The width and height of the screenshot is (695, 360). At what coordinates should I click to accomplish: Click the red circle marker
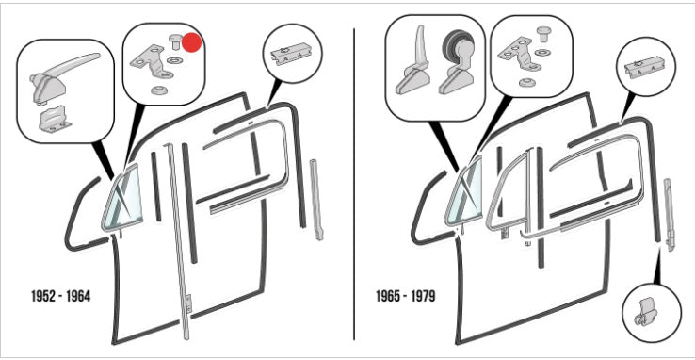(x=192, y=42)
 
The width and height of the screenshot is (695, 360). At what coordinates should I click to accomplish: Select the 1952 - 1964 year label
(x=60, y=296)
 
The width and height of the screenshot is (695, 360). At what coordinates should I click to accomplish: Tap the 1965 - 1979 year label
(x=406, y=296)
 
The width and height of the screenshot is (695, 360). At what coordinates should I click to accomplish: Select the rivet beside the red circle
(x=176, y=43)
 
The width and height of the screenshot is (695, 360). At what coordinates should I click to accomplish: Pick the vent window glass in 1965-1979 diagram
(x=465, y=193)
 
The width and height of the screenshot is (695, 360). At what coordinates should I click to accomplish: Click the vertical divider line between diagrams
(x=354, y=184)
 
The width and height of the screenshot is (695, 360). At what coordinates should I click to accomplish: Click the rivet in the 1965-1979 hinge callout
(x=543, y=34)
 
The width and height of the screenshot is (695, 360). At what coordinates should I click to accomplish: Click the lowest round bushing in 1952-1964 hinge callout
(x=157, y=90)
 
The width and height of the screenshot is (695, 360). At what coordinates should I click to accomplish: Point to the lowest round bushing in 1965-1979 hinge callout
(x=525, y=83)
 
